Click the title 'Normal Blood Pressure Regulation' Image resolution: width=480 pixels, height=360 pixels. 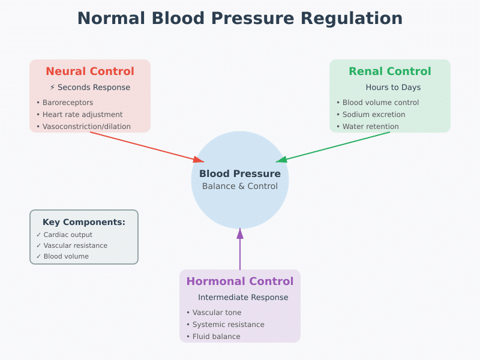pos(240,19)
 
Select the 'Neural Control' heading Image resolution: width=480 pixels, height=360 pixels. pos(90,71)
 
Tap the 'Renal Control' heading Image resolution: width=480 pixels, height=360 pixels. pos(390,71)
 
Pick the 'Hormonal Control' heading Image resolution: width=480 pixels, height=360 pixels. pos(240,281)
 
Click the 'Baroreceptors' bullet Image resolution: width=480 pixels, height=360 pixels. pos(67,103)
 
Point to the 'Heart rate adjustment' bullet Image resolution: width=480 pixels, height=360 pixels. pos(82,115)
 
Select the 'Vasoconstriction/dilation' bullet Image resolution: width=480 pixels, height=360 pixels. pos(86,127)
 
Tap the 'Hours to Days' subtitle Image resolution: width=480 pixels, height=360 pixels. pos(393,88)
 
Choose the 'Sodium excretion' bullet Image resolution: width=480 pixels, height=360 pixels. pos(373,115)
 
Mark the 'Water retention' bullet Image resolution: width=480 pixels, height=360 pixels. pos(370,127)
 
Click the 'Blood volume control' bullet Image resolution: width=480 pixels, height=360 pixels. pos(380,103)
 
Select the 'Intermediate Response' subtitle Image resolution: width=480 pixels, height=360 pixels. pos(243,298)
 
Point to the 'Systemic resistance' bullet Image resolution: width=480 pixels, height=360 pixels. pos(228,325)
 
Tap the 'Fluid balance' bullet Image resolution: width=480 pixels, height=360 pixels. pos(216,337)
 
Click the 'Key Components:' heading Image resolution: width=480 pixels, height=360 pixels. pos(84,222)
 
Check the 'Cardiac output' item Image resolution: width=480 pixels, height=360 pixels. pos(68,235)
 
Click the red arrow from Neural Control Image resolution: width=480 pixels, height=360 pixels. pos(147,147)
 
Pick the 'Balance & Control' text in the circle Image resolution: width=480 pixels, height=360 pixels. pos(240,186)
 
